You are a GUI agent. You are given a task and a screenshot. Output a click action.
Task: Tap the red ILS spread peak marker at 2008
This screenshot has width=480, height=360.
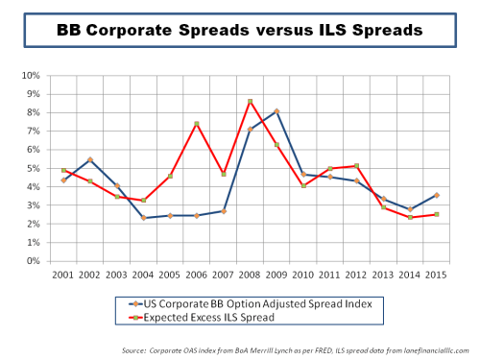tap(250, 101)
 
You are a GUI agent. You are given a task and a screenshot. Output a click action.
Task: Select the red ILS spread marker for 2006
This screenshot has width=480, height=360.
tap(196, 124)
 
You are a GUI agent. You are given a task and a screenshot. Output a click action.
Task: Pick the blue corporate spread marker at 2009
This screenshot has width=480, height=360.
tap(276, 111)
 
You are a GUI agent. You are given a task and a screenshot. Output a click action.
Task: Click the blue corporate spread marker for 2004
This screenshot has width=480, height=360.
tap(143, 218)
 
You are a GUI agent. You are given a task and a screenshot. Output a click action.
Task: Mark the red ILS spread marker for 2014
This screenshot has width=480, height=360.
tap(410, 217)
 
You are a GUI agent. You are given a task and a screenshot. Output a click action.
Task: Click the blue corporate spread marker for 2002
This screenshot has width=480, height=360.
tap(89, 159)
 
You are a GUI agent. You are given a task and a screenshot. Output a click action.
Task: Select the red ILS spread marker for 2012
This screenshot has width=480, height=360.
tap(356, 166)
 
